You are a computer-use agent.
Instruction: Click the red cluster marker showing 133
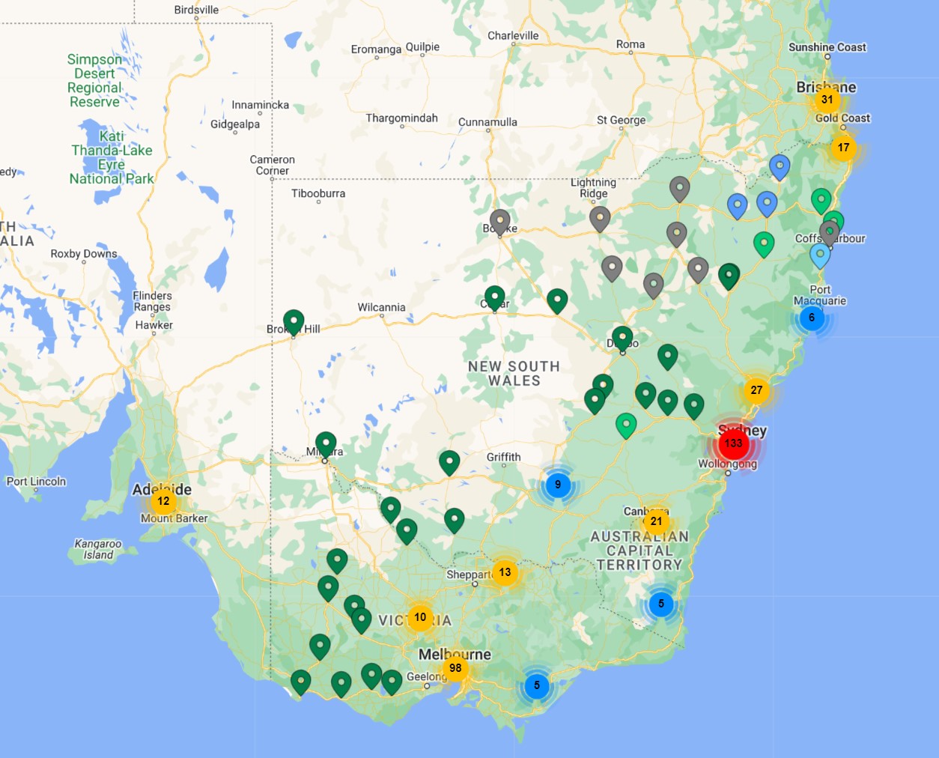point(733,443)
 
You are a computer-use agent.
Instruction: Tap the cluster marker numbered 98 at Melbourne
point(455,668)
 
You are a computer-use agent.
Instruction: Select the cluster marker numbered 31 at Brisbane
point(827,100)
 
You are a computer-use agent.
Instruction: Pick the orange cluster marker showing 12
point(163,501)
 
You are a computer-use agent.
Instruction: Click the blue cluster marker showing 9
point(558,485)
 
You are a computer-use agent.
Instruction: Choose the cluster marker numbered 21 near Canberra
point(656,521)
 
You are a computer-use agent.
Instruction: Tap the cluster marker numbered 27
point(756,390)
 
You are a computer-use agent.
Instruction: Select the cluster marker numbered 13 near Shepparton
point(505,573)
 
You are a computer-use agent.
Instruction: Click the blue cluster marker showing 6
point(812,318)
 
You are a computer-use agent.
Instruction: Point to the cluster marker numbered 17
point(844,148)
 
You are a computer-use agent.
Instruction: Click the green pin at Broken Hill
point(294,321)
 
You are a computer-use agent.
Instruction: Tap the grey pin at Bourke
point(499,221)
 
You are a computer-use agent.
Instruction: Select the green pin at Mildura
point(326,443)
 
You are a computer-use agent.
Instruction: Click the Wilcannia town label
point(381,307)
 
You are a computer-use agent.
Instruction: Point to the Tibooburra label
point(318,193)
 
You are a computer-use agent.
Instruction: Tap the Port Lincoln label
point(36,482)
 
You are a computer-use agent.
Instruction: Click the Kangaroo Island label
point(98,549)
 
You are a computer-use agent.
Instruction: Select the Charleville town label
point(513,35)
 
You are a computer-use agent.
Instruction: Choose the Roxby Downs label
point(84,254)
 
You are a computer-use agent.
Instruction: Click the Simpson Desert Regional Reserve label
point(94,80)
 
